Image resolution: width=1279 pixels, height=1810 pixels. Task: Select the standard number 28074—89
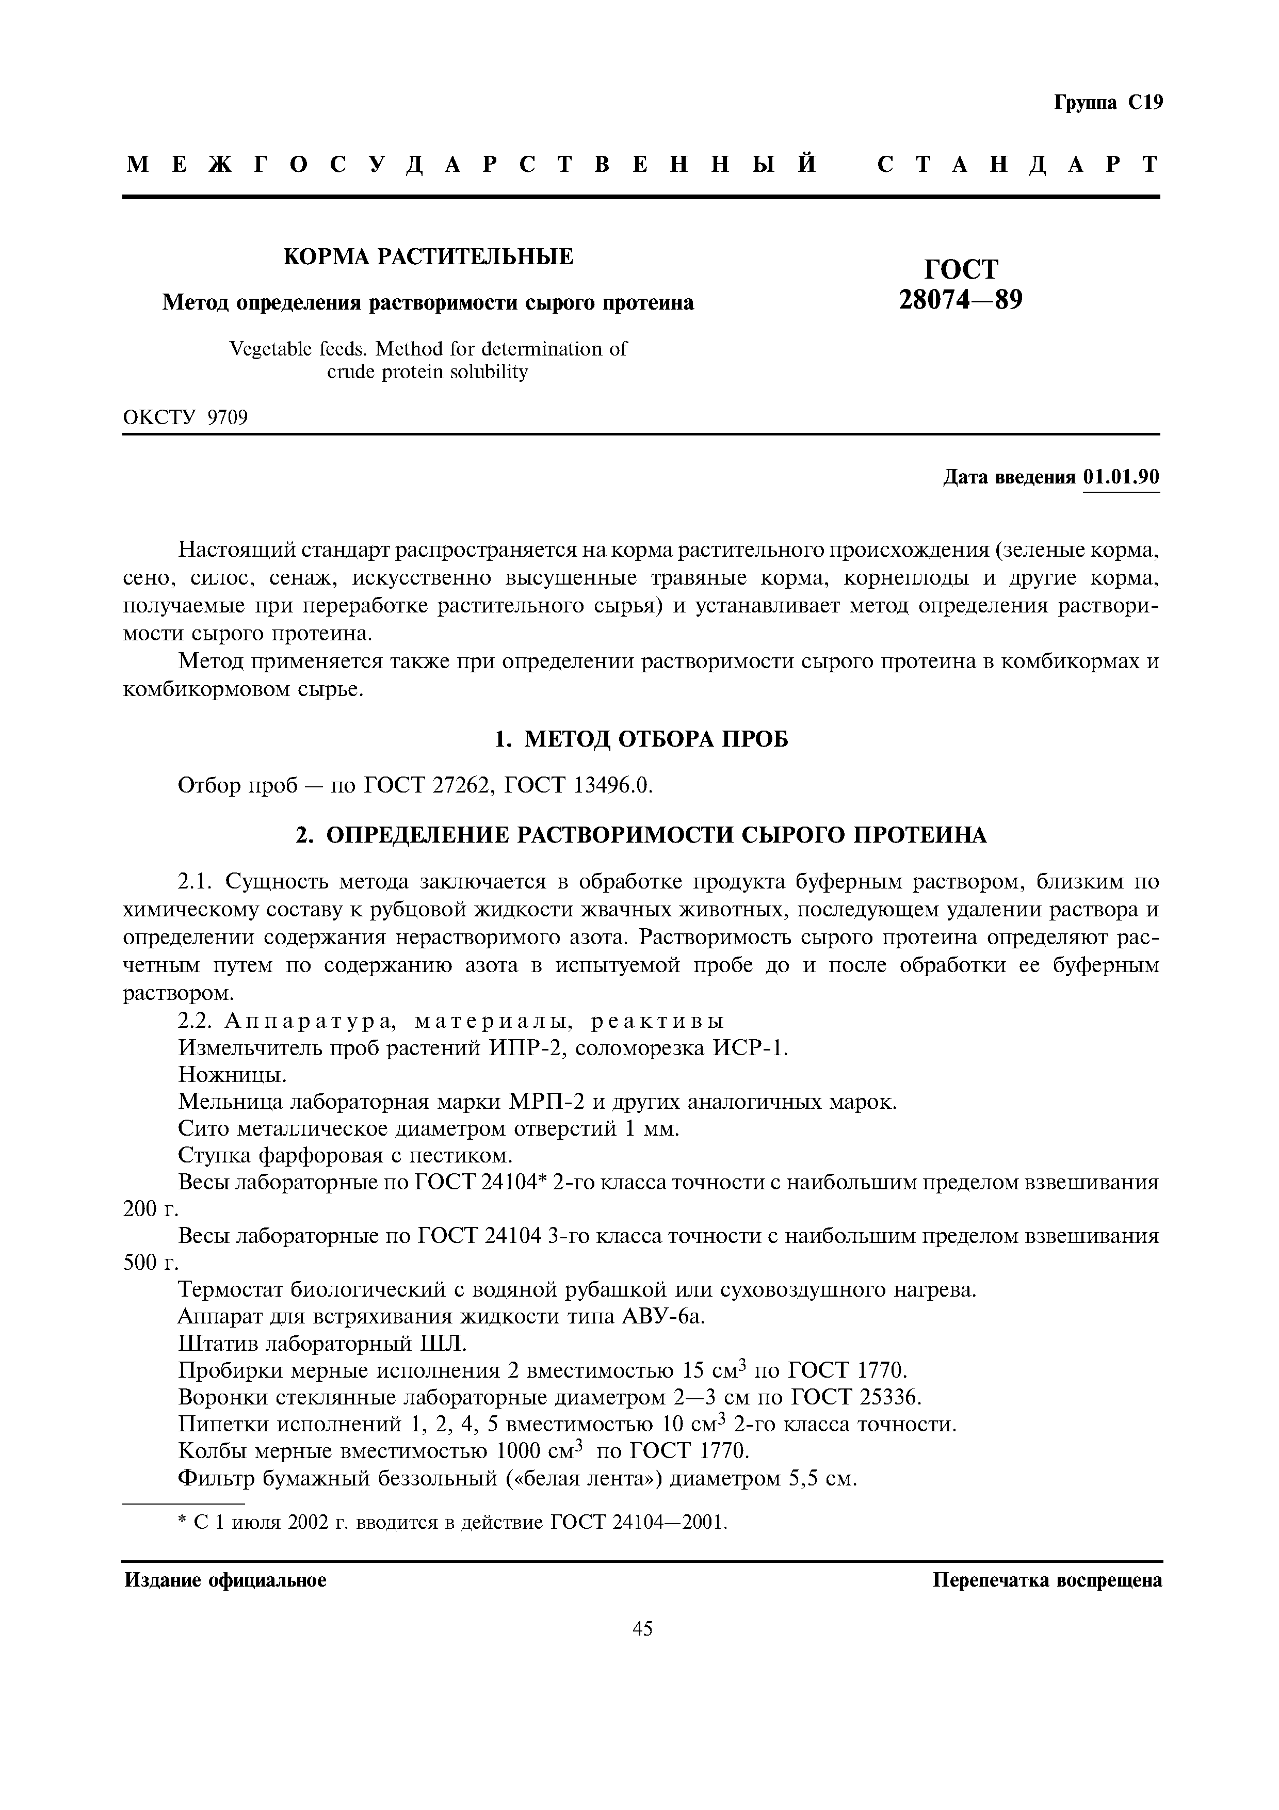coord(961,300)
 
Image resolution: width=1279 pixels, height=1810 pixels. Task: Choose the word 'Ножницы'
coord(233,1074)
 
